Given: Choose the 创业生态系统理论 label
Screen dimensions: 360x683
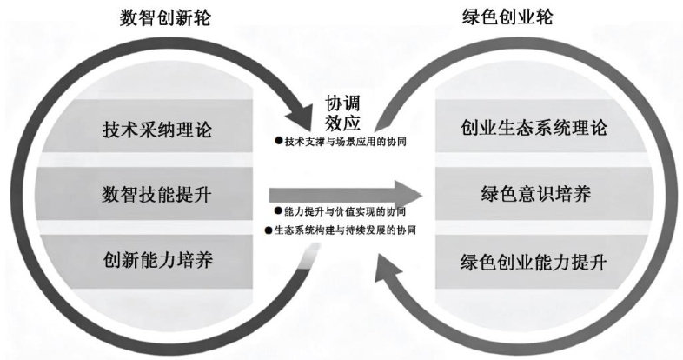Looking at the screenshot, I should click(x=534, y=129).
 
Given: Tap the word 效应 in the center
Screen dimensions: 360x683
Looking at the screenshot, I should click(x=341, y=121).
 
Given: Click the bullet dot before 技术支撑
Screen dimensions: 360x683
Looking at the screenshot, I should click(x=280, y=141).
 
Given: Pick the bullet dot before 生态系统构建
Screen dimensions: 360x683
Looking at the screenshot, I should click(x=269, y=230).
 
